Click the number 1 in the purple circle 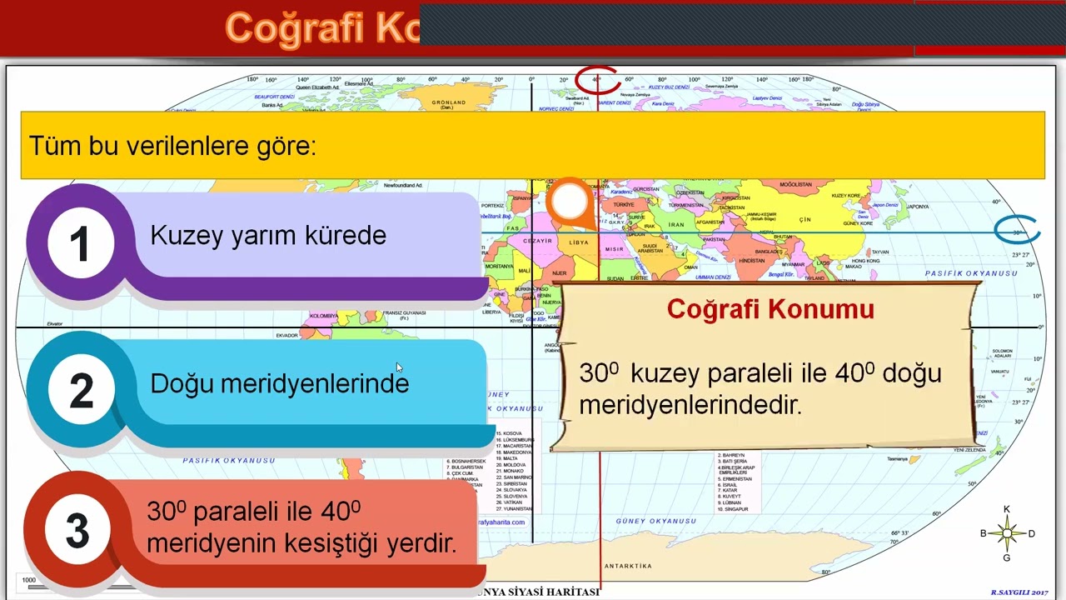(x=79, y=244)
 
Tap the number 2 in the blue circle (x=81, y=390)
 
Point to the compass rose (x=1007, y=533)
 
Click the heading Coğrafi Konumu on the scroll (x=770, y=309)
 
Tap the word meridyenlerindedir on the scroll (x=690, y=405)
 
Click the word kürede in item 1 (x=351, y=235)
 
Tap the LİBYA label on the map (x=579, y=242)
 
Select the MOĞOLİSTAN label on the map (x=795, y=184)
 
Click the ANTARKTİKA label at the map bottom (x=628, y=566)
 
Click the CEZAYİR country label (x=537, y=240)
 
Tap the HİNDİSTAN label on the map (x=751, y=260)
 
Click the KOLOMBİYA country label (x=323, y=316)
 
